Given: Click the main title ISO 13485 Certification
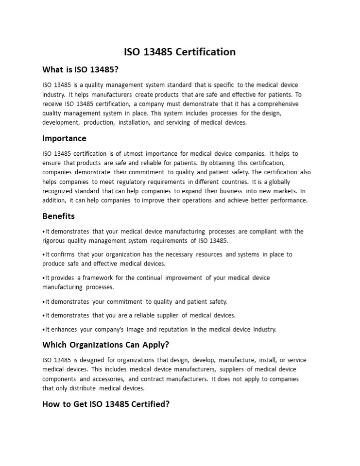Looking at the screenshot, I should click(x=180, y=52).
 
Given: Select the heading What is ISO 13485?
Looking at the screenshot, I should click(x=80, y=69).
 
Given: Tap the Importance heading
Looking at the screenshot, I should click(x=64, y=138).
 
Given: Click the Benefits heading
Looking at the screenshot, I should click(x=58, y=216).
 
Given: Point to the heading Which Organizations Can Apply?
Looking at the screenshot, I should click(x=106, y=345).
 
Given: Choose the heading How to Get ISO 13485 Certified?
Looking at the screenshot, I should click(x=106, y=404).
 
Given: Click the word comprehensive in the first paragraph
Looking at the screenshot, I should click(x=278, y=104).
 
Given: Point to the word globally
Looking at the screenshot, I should click(x=277, y=182).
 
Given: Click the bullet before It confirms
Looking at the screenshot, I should click(x=44, y=255).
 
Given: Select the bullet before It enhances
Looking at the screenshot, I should click(x=44, y=330).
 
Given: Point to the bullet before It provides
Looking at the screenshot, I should click(x=44, y=278).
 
